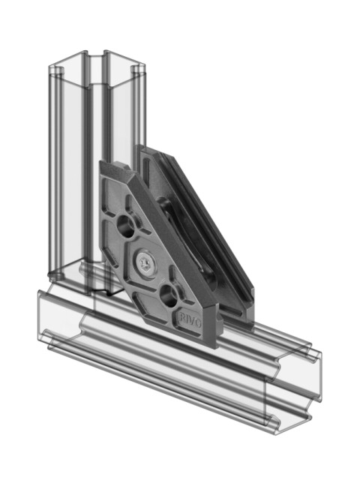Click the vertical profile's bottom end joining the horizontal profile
90,281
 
